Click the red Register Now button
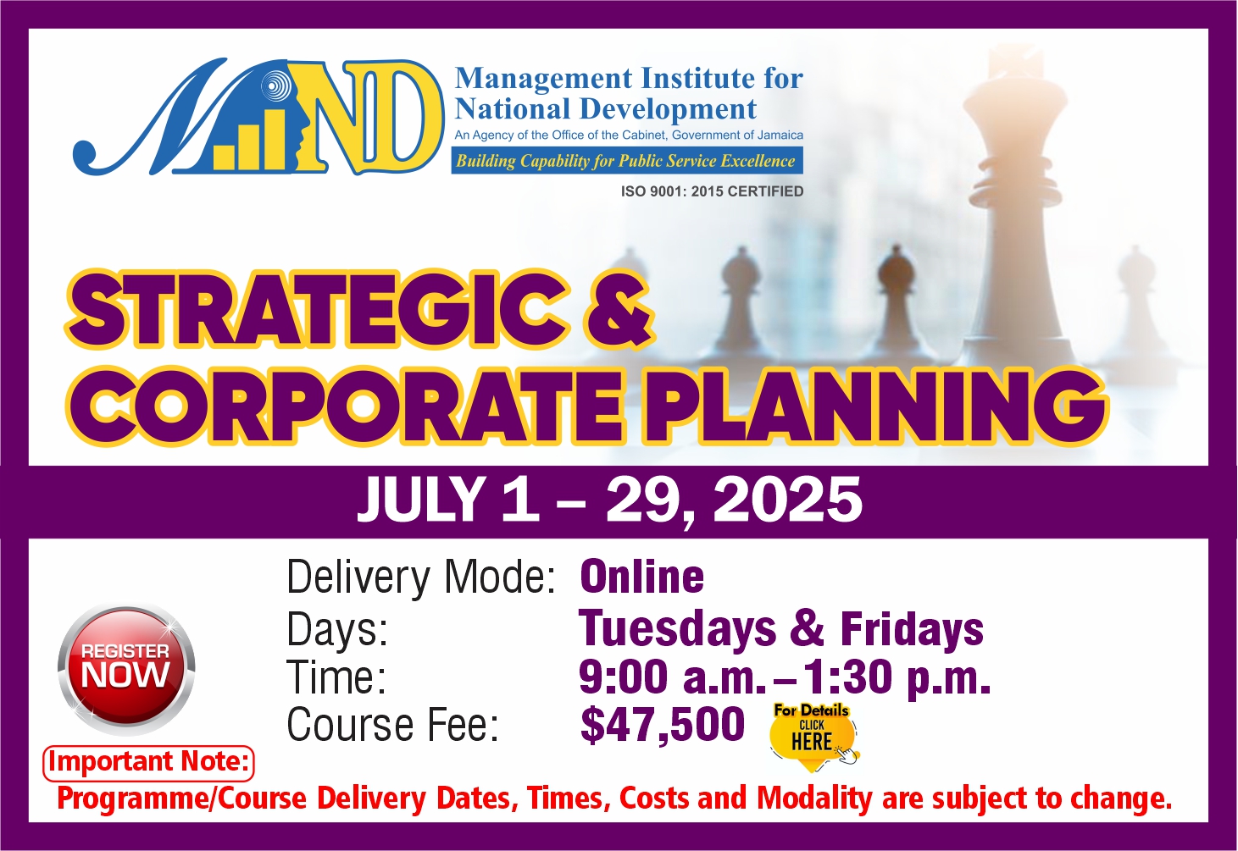tap(126, 670)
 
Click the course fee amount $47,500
tap(663, 725)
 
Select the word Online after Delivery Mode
tap(641, 577)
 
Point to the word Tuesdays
tap(677, 628)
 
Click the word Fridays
tap(912, 628)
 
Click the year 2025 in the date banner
tap(787, 500)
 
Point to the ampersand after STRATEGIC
tap(618, 312)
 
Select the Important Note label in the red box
tap(148, 763)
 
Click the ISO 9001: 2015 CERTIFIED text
tap(712, 191)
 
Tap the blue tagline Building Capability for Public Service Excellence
tap(627, 161)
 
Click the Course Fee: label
tap(393, 725)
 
